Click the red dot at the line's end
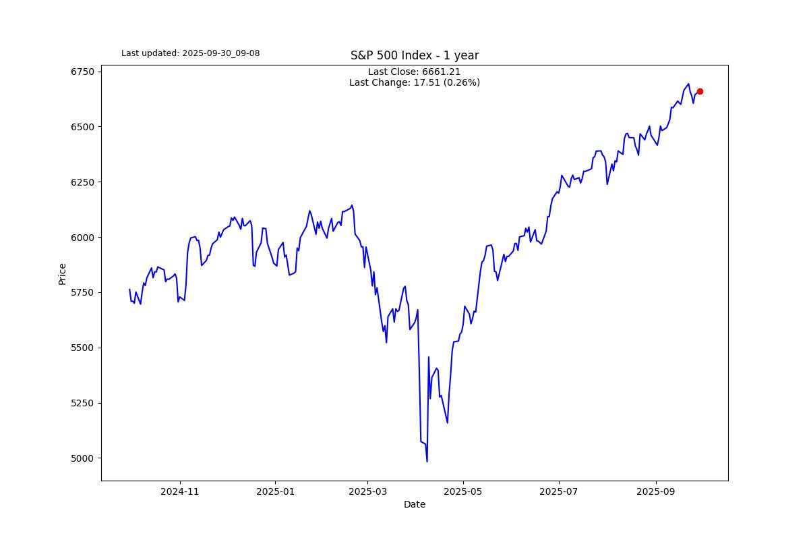point(700,91)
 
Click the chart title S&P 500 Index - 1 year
point(414,55)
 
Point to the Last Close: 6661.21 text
point(414,72)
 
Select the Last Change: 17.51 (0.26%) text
point(414,82)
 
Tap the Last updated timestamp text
point(190,53)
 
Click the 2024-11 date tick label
point(180,491)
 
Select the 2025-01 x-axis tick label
point(276,491)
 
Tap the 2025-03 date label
point(367,491)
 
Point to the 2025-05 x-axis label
point(463,491)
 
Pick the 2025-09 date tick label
point(656,491)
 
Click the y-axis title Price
point(62,273)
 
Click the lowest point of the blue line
point(427,462)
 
